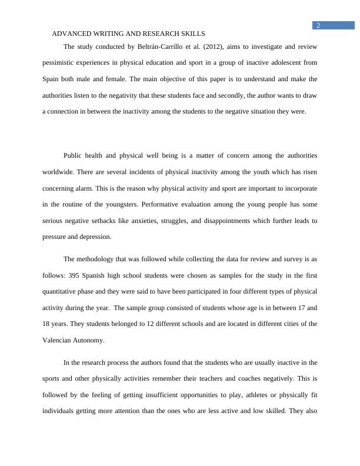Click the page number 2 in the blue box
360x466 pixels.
pyautogui.click(x=318, y=25)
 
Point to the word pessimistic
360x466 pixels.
pyautogui.click(x=62, y=62)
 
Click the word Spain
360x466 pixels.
pyautogui.click(x=52, y=79)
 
